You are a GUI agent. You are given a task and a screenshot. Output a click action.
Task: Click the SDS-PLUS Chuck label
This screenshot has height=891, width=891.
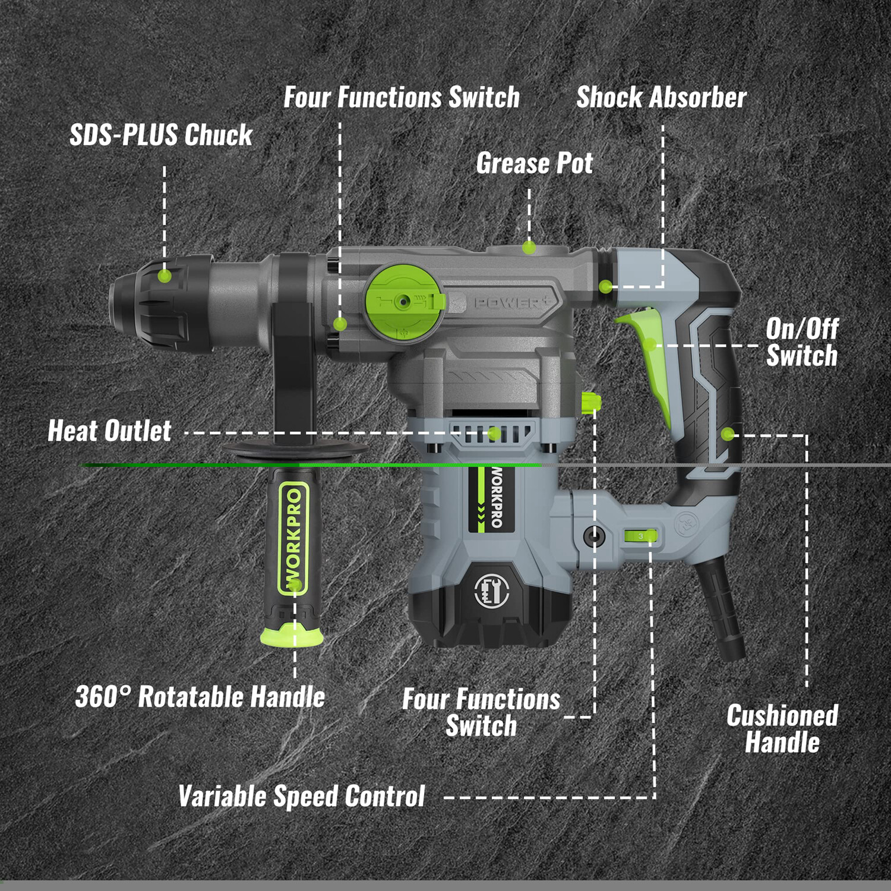[x=161, y=135]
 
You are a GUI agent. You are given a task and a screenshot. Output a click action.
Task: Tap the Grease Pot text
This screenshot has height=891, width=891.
[x=534, y=163]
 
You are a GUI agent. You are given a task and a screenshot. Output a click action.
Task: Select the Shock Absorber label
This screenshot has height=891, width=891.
[x=661, y=97]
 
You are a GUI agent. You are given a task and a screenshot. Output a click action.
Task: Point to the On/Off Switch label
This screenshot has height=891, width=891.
[x=801, y=342]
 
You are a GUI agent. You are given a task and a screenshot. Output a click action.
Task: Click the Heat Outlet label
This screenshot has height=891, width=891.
[x=109, y=431]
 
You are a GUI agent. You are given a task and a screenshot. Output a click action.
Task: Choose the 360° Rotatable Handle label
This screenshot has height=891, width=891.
[x=200, y=697]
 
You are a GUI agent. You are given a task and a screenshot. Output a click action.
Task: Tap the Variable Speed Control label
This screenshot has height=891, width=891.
[x=302, y=796]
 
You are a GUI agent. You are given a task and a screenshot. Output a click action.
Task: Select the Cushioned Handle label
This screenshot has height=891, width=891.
[x=782, y=729]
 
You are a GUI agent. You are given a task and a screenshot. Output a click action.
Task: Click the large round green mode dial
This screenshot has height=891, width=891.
[x=404, y=302]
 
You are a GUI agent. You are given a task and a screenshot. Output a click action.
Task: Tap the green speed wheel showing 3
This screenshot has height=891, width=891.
[x=640, y=536]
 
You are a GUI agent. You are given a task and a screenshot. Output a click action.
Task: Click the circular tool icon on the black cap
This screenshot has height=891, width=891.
[x=491, y=591]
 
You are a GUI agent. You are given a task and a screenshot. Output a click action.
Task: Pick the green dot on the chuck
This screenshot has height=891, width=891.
[x=165, y=276]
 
